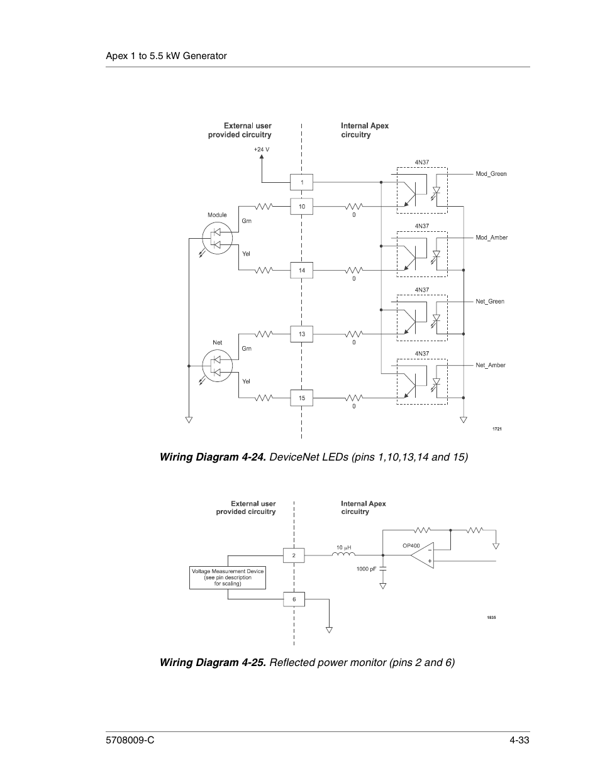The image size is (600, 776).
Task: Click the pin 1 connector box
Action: click(x=301, y=182)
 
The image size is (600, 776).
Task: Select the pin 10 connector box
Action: click(x=301, y=206)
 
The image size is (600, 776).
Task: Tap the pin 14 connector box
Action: click(x=301, y=270)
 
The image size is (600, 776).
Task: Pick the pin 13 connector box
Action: click(x=301, y=334)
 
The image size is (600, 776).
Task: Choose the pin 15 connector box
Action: click(x=301, y=398)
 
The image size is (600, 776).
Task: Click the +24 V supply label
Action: click(x=261, y=150)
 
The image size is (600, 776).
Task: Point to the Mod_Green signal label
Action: click(x=491, y=174)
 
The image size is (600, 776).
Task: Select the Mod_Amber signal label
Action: click(x=491, y=238)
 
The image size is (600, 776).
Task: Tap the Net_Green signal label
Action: click(x=490, y=302)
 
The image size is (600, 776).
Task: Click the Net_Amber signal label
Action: click(x=491, y=365)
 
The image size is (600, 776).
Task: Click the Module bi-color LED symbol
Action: click(x=217, y=238)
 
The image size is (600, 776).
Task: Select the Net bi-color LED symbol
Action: click(x=217, y=365)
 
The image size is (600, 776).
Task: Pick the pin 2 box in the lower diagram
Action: click(x=294, y=555)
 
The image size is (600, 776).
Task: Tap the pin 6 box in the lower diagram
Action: click(x=294, y=599)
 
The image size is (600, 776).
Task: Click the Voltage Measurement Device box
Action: click(x=228, y=577)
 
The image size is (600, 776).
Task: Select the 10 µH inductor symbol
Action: click(x=343, y=554)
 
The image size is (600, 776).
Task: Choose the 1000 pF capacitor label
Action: click(x=366, y=569)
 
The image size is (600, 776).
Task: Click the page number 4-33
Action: click(x=519, y=741)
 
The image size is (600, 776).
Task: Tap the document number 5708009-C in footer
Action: click(x=130, y=741)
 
